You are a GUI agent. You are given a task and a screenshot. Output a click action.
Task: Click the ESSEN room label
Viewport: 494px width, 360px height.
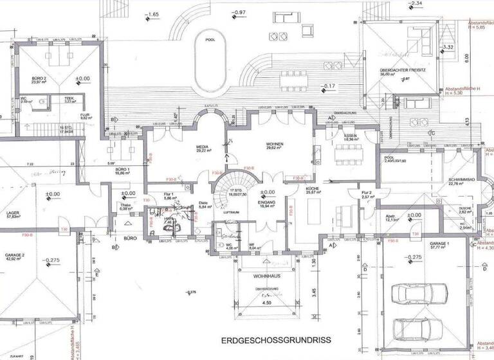click(351, 136)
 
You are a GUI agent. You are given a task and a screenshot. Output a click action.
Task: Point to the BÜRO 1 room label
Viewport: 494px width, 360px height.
click(122, 170)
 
